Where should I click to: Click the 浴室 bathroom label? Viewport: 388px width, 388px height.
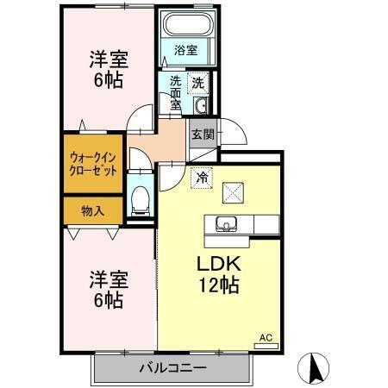pyautogui.click(x=185, y=50)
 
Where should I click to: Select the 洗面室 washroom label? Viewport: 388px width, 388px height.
pyautogui.click(x=175, y=93)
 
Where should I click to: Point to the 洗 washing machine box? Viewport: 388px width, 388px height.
pyautogui.click(x=198, y=84)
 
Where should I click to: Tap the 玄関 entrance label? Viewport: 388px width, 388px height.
pyautogui.click(x=203, y=135)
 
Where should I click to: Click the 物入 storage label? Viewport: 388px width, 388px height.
pyautogui.click(x=92, y=210)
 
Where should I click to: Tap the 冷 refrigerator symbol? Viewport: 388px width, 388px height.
pyautogui.click(x=201, y=178)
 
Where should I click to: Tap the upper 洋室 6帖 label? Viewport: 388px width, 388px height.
pyautogui.click(x=109, y=70)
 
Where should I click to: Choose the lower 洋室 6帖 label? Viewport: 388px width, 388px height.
pyautogui.click(x=109, y=291)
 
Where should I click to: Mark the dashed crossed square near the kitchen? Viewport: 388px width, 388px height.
pyautogui.click(x=232, y=192)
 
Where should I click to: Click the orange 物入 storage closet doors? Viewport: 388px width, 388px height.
pyautogui.click(x=92, y=230)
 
